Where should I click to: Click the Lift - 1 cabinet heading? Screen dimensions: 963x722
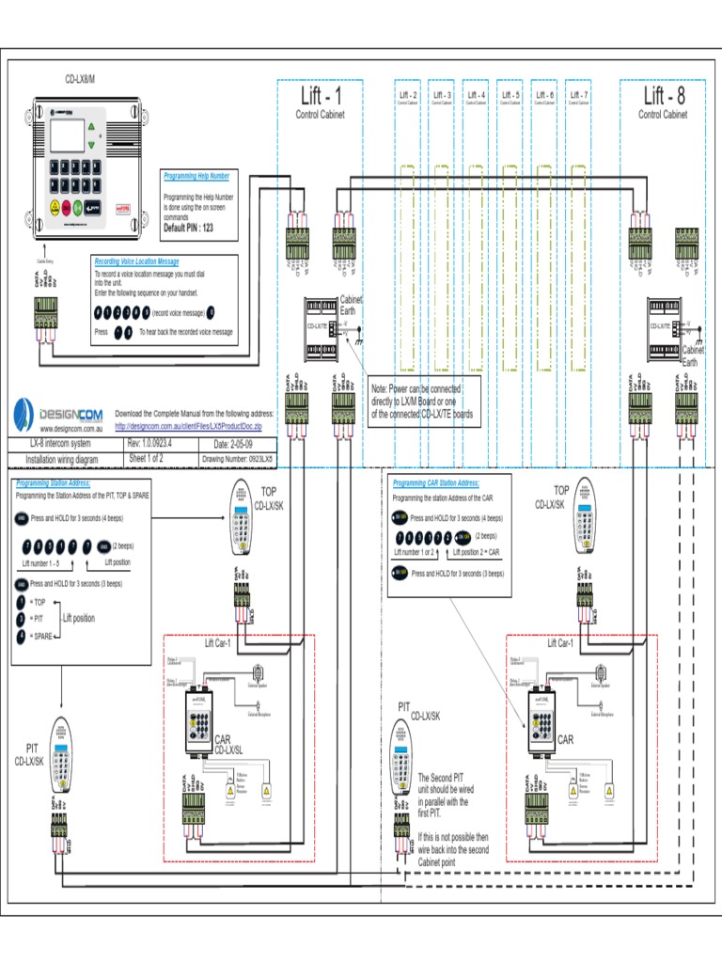[x=321, y=97]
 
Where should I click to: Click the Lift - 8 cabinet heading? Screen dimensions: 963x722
[x=664, y=97]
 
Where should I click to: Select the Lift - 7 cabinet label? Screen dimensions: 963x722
[x=578, y=95]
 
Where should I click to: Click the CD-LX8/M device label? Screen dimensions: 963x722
[x=80, y=78]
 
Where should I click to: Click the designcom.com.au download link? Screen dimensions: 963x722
[x=188, y=426]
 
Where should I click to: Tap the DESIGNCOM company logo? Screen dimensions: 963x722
[x=56, y=415]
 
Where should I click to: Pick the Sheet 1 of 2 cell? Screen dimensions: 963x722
[x=151, y=459]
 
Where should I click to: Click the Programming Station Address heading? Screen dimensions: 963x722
[x=53, y=483]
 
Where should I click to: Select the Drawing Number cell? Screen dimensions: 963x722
[x=238, y=460]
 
